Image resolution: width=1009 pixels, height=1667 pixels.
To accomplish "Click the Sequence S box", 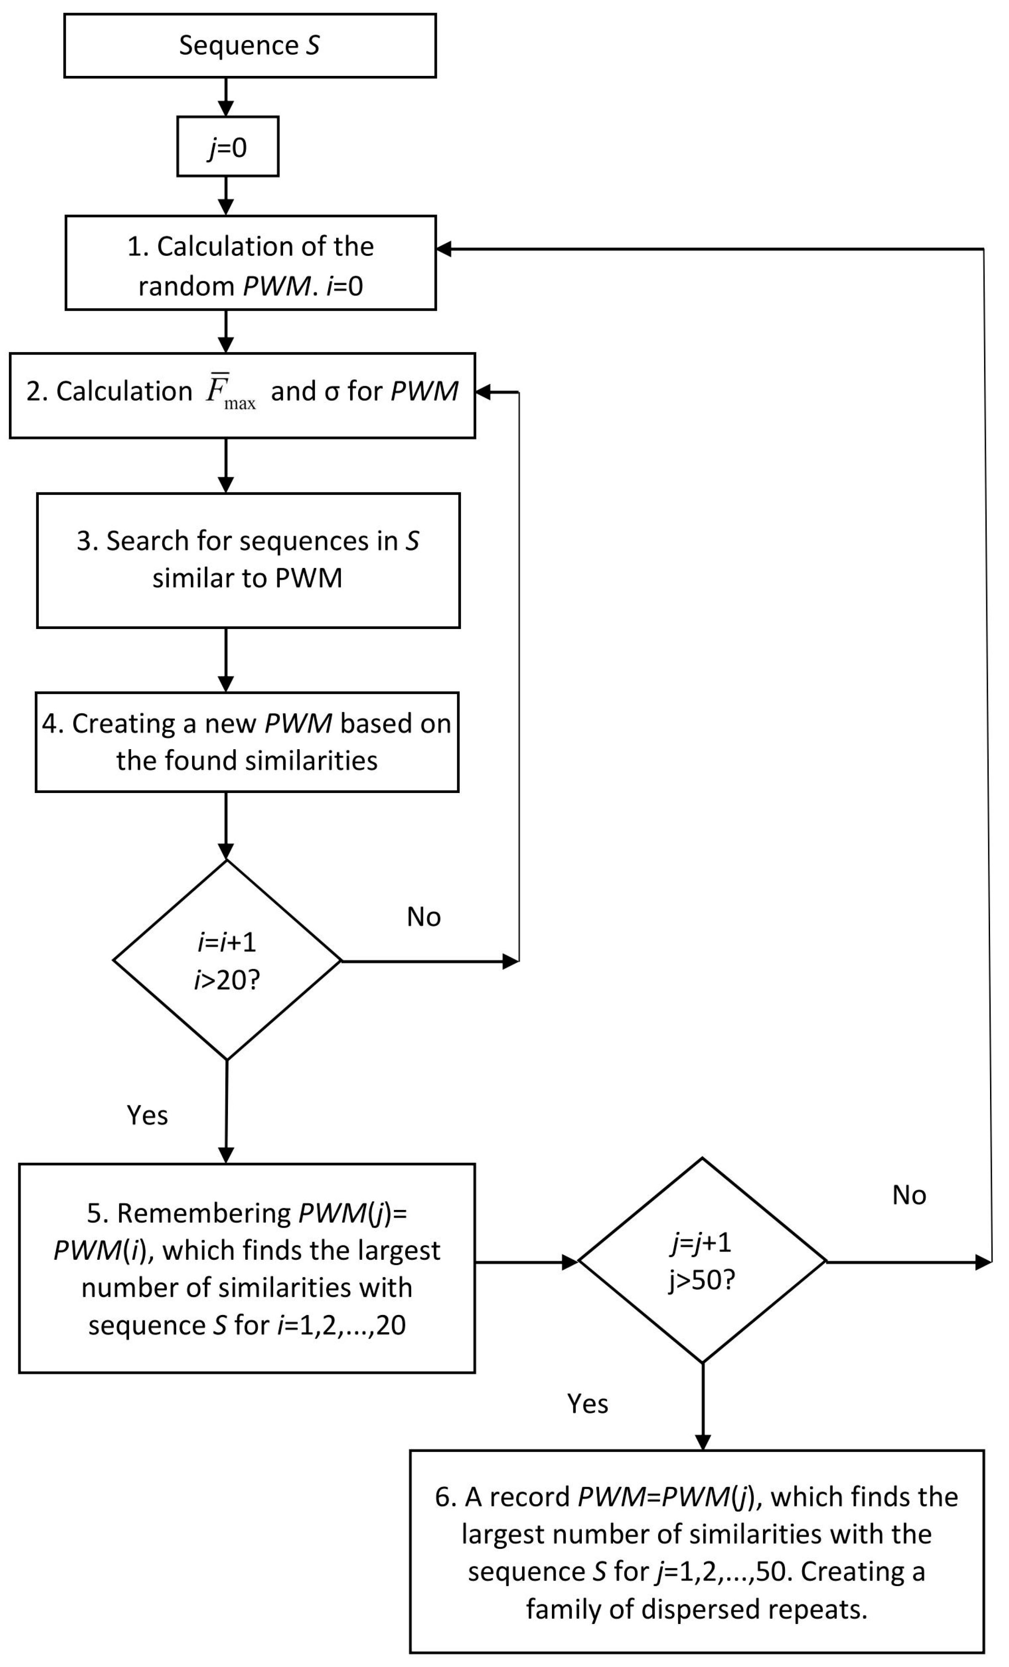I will coord(249,46).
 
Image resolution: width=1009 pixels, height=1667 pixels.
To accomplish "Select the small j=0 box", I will coord(228,147).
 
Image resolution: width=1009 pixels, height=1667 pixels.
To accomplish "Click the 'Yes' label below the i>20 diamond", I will coord(147,1116).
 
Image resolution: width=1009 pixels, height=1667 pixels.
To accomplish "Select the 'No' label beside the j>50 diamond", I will coord(909,1196).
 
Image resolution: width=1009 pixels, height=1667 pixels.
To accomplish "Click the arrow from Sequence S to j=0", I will coord(227,97).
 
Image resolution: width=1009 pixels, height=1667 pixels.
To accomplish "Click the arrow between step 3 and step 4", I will coord(227,660).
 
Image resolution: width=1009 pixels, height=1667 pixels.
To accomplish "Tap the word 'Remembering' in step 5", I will coord(203,1214).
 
